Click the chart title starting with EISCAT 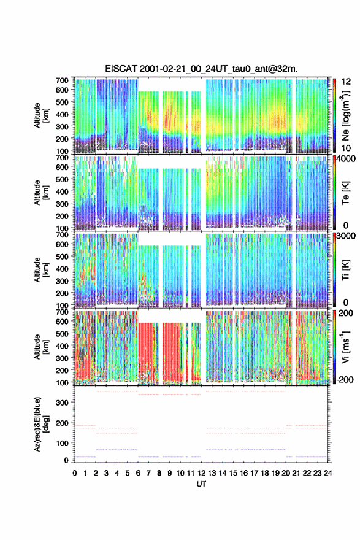(201, 69)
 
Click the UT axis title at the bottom (201, 484)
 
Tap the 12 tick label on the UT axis (201, 473)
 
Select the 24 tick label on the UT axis (328, 473)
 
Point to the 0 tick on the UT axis (75, 473)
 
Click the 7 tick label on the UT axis (148, 473)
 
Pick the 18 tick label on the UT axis (265, 473)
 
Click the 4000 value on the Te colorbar (346, 159)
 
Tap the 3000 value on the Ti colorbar (346, 236)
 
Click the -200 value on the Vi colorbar (345, 379)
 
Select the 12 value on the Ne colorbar (347, 82)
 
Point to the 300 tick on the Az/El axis (63, 403)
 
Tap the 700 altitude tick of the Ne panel (63, 80)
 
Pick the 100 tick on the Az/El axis (63, 443)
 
